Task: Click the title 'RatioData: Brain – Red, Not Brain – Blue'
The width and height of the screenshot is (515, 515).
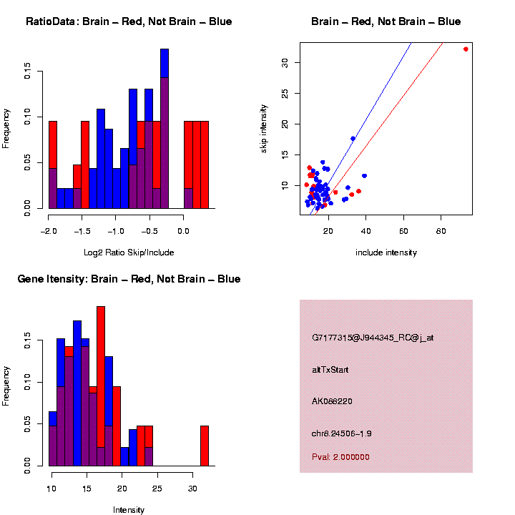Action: click(129, 22)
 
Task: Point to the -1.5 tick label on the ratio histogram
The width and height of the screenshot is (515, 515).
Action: click(82, 232)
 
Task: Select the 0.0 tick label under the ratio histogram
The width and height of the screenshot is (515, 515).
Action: click(183, 232)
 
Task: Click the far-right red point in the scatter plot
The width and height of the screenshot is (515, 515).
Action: click(466, 49)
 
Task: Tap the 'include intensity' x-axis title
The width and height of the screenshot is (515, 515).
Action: click(386, 252)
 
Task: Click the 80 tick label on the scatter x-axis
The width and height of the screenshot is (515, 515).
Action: click(441, 232)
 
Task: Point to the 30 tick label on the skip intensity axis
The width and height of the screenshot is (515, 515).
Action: click(285, 62)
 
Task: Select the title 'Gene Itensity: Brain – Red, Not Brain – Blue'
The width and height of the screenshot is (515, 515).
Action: click(129, 279)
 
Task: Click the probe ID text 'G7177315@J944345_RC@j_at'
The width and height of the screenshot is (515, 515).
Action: click(373, 338)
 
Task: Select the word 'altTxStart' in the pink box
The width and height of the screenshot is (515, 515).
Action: click(330, 370)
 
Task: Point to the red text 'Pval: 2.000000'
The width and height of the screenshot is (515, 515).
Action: click(340, 457)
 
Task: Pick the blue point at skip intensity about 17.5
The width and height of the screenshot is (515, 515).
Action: click(353, 139)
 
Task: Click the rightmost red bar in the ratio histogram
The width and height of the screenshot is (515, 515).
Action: click(205, 165)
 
